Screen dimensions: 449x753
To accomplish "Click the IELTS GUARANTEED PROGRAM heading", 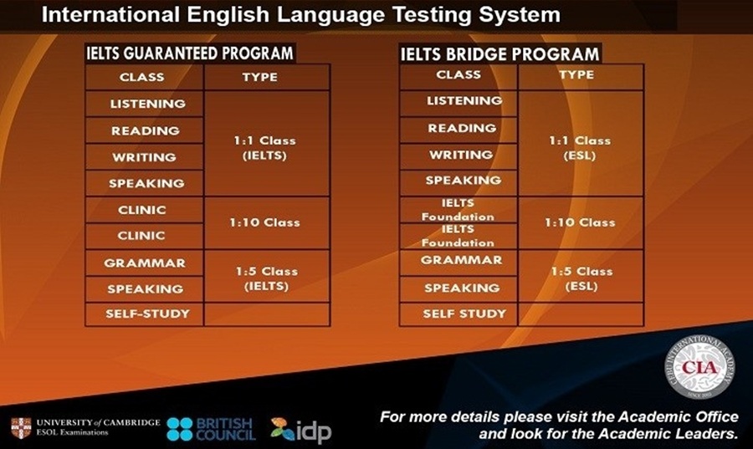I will pos(190,54).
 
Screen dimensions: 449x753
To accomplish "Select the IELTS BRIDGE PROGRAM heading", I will pos(499,54).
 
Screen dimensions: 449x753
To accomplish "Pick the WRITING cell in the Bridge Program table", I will pos(460,156).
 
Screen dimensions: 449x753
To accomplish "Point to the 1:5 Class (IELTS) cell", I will pos(264,278).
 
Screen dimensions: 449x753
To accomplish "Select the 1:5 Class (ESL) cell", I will pos(580,278).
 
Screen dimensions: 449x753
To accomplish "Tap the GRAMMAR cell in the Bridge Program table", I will pos(460,260).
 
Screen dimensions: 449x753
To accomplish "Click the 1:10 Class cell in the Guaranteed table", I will pos(264,222).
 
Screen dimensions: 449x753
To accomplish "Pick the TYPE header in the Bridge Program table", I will pos(580,75).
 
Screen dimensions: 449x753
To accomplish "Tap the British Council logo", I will pos(212,429).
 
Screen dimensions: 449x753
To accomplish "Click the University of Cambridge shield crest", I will pos(21,427).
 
